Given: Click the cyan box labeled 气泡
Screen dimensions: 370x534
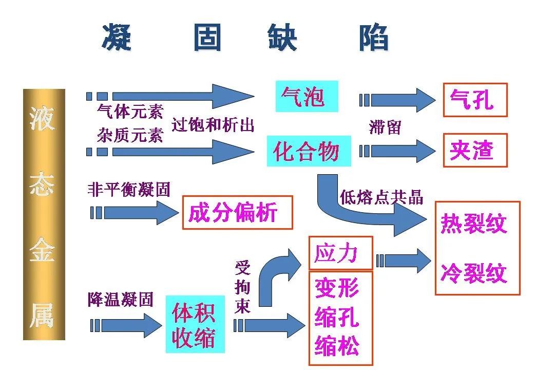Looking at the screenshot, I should (307, 96).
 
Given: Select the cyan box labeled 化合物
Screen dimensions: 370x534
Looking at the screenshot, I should (309, 151).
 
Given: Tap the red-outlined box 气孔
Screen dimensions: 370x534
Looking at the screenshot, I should (475, 100).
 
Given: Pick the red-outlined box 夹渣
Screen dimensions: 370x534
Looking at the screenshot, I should (475, 150).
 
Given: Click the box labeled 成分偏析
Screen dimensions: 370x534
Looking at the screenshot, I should (237, 212).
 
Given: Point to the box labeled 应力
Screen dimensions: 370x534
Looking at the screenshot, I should (340, 253).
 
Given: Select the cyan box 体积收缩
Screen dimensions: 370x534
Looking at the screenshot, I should (195, 324).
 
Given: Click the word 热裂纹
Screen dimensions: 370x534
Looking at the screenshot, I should (473, 224).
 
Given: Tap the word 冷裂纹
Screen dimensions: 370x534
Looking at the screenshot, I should (473, 273).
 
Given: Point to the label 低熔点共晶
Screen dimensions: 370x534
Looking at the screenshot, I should (382, 197).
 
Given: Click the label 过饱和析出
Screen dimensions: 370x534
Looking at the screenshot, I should (213, 125).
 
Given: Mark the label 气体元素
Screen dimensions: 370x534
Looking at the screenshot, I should (130, 111).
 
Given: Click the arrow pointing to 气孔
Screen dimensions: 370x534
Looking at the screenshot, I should (398, 100).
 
